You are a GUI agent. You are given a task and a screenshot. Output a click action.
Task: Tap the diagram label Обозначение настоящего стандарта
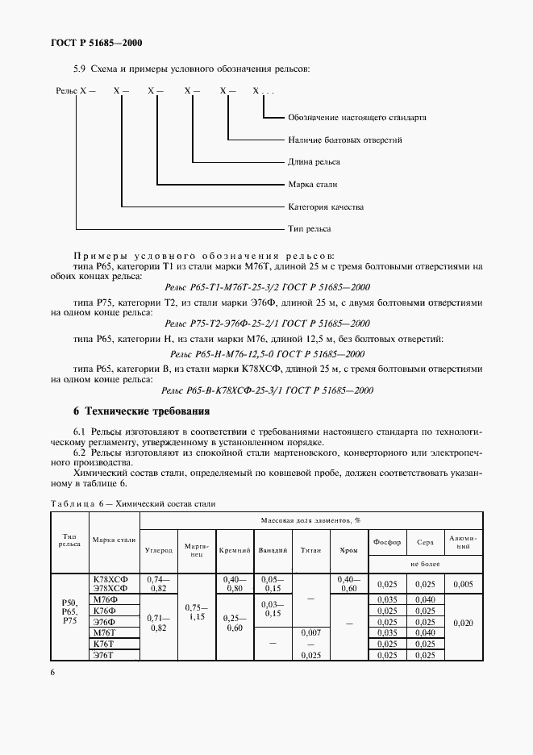point(357,117)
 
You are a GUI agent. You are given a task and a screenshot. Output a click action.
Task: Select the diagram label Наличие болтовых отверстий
point(345,140)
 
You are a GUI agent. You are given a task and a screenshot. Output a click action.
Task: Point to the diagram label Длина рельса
point(313,161)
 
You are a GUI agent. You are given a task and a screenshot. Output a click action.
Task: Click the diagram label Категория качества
point(326,206)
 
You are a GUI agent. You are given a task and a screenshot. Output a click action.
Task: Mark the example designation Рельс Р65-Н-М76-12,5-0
point(267,354)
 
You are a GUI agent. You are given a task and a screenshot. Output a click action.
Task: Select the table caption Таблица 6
point(133,503)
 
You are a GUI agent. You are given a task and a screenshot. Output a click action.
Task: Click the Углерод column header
point(158,550)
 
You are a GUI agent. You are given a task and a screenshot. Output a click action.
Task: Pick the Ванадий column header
point(273,550)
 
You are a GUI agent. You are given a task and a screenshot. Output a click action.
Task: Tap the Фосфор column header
point(387,541)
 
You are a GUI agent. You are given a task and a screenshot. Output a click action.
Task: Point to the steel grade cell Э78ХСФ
point(115,589)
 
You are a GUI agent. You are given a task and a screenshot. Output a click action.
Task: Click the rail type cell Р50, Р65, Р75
point(69,616)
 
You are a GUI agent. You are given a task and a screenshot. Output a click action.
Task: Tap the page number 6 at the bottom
point(53,669)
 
